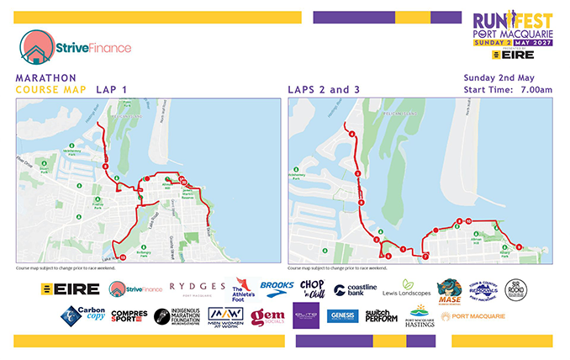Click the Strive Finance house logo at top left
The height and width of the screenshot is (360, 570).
(36, 47)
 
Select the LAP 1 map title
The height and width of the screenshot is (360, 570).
(112, 88)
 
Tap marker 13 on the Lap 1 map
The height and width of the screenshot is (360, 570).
(123, 257)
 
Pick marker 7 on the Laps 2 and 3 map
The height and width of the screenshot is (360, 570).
(404, 249)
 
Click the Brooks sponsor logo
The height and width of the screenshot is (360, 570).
(277, 287)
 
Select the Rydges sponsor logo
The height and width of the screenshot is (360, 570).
(198, 288)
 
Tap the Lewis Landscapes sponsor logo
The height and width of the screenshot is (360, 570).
(406, 289)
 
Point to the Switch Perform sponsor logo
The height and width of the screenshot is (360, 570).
(381, 316)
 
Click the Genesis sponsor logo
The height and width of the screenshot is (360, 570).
(344, 316)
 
